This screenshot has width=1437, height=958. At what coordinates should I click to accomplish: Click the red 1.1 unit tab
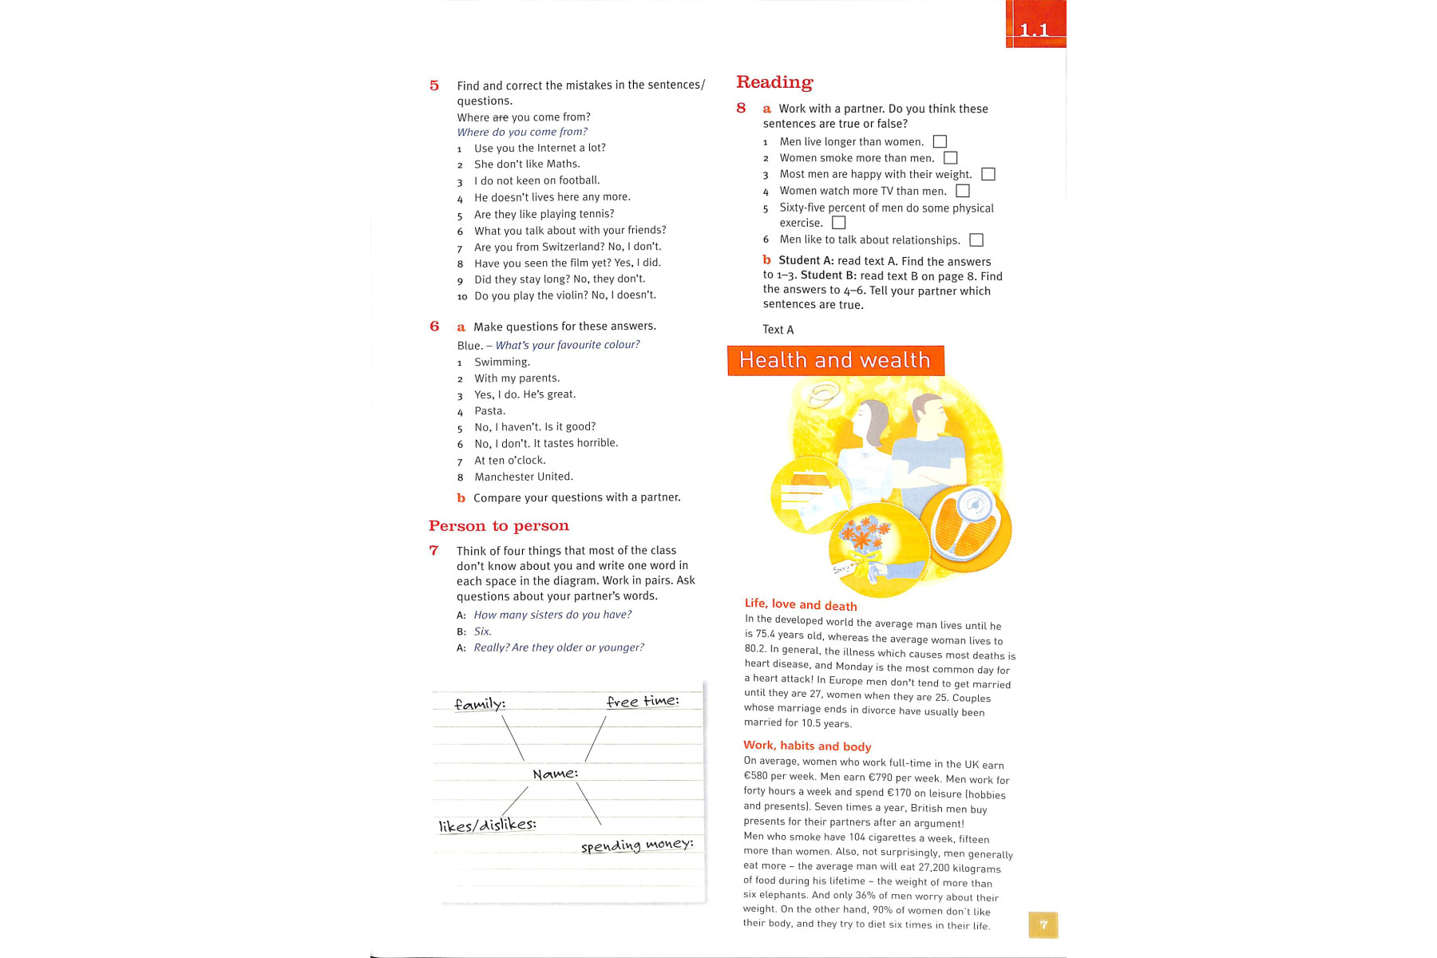pyautogui.click(x=1035, y=26)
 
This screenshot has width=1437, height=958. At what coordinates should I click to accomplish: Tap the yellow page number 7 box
pyautogui.click(x=1043, y=924)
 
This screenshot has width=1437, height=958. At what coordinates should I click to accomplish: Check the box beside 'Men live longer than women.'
pyautogui.click(x=940, y=142)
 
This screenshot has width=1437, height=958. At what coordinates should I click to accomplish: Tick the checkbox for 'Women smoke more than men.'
pyautogui.click(x=950, y=158)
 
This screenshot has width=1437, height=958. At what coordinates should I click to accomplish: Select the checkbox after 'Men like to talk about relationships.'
pyautogui.click(x=976, y=240)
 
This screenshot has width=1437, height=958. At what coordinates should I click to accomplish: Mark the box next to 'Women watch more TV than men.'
pyautogui.click(x=962, y=191)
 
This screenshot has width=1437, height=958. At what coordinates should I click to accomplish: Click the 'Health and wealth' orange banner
pyautogui.click(x=835, y=361)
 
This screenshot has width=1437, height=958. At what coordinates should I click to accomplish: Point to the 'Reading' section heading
pyautogui.click(x=774, y=82)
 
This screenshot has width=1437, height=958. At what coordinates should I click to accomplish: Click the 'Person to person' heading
pyautogui.click(x=499, y=526)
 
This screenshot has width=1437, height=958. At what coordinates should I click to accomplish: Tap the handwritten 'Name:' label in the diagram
pyautogui.click(x=555, y=774)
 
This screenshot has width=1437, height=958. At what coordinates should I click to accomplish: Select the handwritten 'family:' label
pyautogui.click(x=480, y=704)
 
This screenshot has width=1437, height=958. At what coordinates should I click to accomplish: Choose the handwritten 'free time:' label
pyautogui.click(x=643, y=701)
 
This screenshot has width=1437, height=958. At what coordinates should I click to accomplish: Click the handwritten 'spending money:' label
pyautogui.click(x=637, y=845)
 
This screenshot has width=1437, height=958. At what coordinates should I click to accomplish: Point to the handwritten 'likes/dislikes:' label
pyautogui.click(x=487, y=825)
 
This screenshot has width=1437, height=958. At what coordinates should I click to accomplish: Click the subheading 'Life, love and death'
pyautogui.click(x=801, y=605)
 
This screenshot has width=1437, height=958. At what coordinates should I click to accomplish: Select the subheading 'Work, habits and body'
pyautogui.click(x=807, y=746)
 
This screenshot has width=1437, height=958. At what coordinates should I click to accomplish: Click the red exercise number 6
pyautogui.click(x=434, y=327)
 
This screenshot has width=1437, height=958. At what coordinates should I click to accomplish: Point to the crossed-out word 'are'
pyautogui.click(x=500, y=117)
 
